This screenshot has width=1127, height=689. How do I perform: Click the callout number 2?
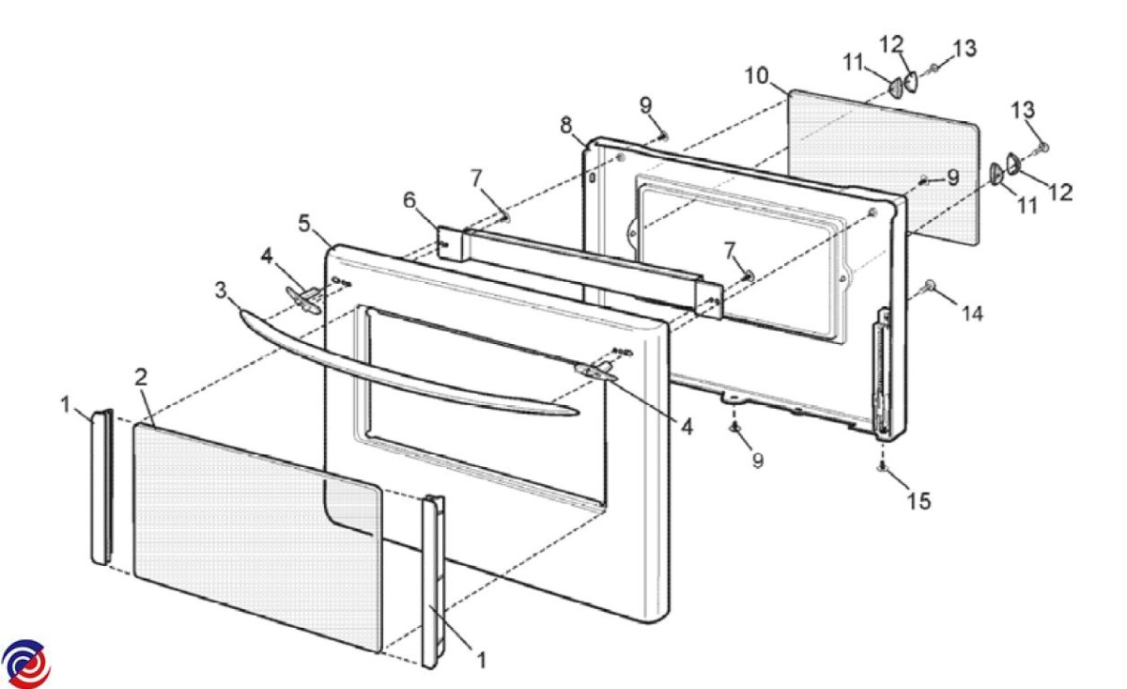pos(141,378)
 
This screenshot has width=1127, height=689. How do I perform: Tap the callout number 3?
pos(221,290)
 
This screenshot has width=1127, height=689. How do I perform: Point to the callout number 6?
pos(409,200)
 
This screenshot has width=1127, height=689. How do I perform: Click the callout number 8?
pos(566,125)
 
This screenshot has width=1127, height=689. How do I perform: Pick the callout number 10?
pos(757,74)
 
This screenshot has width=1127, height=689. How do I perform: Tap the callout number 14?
pos(972,314)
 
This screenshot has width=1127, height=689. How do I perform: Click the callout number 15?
pos(919,502)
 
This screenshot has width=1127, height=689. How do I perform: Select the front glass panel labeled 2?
pos(254,536)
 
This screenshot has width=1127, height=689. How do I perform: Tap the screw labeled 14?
pos(930,284)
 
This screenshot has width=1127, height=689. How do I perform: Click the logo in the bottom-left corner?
pos(25,664)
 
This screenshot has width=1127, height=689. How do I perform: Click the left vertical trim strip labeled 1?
pos(101,489)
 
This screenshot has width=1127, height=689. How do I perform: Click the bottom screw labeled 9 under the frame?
pos(735,429)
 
